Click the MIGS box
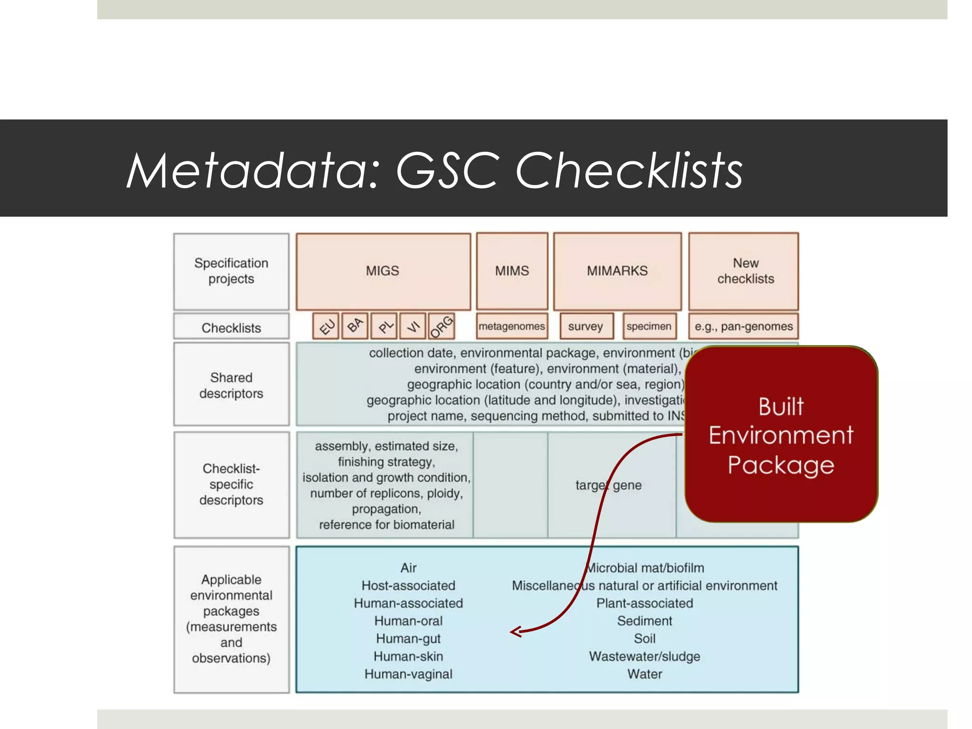(x=383, y=271)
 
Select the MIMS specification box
(x=512, y=271)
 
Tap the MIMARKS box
(x=617, y=271)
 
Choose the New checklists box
(x=743, y=271)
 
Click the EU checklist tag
(x=326, y=326)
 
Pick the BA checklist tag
(x=355, y=326)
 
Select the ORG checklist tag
(x=441, y=326)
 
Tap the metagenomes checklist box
(x=512, y=326)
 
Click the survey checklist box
(x=586, y=326)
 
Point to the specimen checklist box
(x=649, y=326)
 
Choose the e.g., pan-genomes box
(x=743, y=326)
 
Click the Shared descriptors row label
(x=231, y=385)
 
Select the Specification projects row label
(x=231, y=271)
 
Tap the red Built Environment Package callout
(x=781, y=435)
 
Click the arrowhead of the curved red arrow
(x=514, y=632)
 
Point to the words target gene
(x=608, y=485)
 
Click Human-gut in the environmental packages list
(x=408, y=639)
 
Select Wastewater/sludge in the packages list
(x=645, y=656)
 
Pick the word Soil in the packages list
(x=645, y=639)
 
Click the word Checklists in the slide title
(x=629, y=171)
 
